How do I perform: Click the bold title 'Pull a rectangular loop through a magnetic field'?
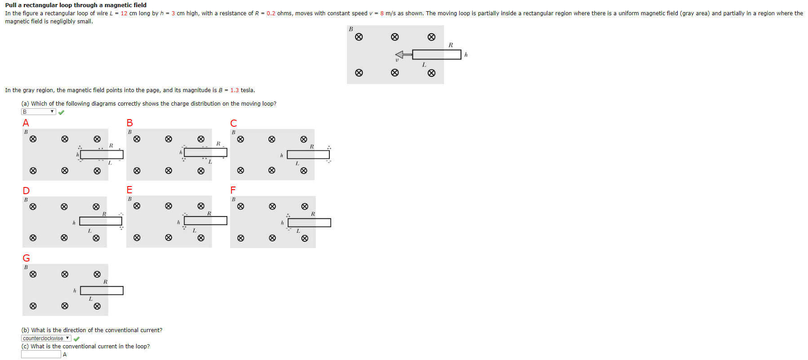(x=75, y=5)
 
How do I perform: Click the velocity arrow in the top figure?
(x=404, y=54)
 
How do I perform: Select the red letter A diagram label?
(x=26, y=123)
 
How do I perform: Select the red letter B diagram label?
(x=129, y=123)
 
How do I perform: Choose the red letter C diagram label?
(x=233, y=123)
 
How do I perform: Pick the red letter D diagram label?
(x=26, y=191)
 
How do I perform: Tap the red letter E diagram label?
(x=129, y=190)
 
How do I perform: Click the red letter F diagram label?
(x=233, y=190)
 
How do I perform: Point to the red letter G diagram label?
(x=27, y=258)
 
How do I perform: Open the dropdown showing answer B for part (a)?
(x=38, y=111)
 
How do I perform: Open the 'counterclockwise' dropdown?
(x=46, y=338)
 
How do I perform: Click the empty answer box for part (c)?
(x=41, y=354)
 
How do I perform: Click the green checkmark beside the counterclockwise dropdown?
(x=76, y=338)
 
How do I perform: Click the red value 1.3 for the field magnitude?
(x=235, y=90)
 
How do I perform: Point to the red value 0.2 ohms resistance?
(x=271, y=13)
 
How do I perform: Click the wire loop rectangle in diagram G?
(x=102, y=290)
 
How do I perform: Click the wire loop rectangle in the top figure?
(x=436, y=54)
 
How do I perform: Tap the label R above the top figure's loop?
(x=451, y=45)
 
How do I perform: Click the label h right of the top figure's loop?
(x=466, y=54)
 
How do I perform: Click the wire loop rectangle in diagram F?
(x=309, y=222)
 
